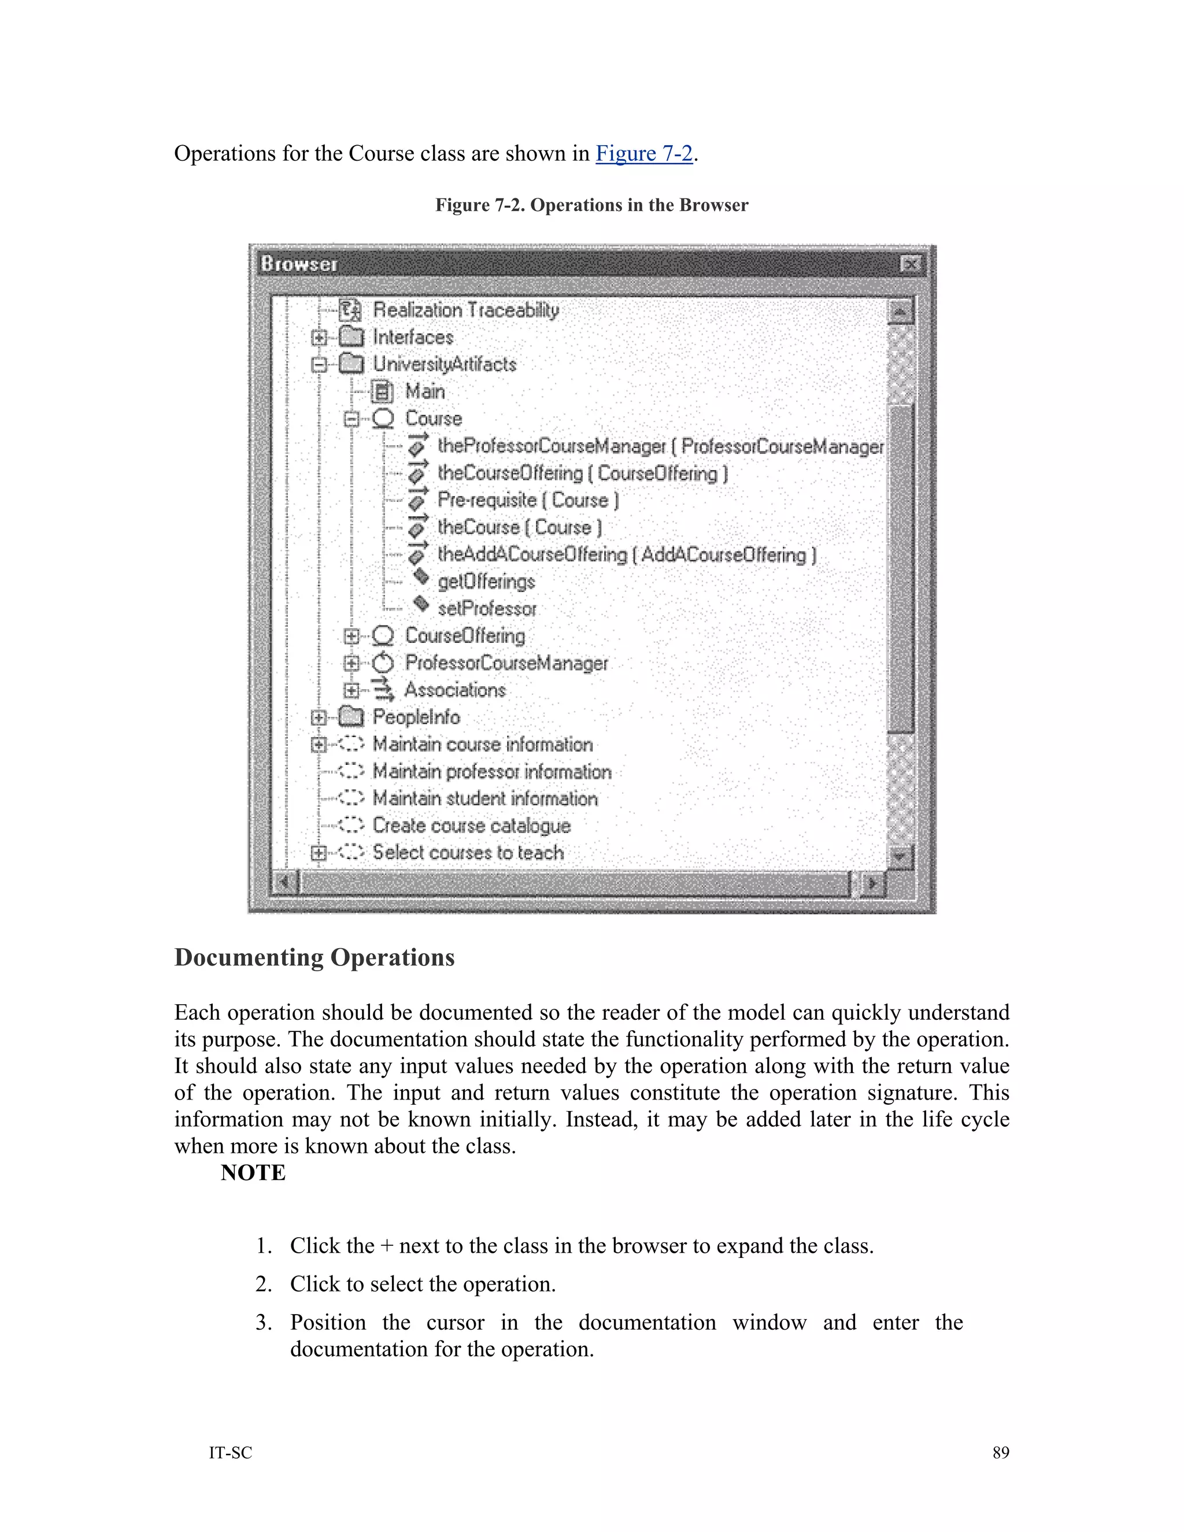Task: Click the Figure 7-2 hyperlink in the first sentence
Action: click(x=644, y=154)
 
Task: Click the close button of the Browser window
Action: click(x=911, y=264)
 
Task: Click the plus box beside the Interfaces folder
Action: click(x=319, y=338)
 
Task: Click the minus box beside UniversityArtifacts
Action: click(x=319, y=365)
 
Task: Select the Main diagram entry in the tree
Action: click(x=424, y=391)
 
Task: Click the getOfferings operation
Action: click(x=486, y=582)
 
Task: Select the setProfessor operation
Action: click(x=487, y=609)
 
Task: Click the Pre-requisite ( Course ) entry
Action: click(x=527, y=500)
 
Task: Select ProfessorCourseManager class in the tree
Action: click(x=506, y=663)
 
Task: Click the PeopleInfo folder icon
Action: click(x=351, y=717)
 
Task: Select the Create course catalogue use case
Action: click(x=471, y=826)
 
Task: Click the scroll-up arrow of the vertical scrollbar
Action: click(x=901, y=312)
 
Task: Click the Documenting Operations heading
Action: click(x=314, y=957)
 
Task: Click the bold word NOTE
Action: click(x=253, y=1173)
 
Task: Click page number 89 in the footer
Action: click(x=1000, y=1453)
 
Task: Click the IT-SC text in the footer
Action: click(x=230, y=1453)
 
